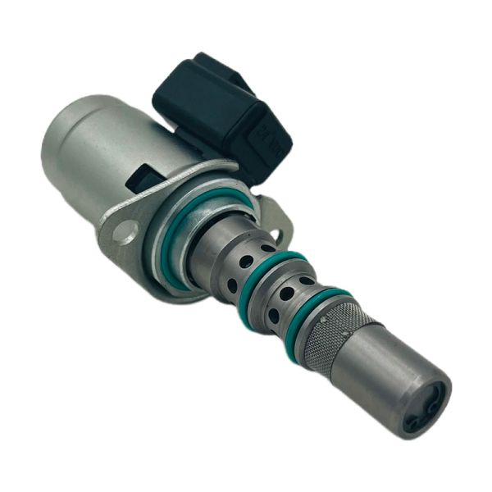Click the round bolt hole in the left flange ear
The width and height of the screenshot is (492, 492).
click(125, 232)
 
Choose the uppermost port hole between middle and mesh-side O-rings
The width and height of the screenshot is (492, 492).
click(306, 280)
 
